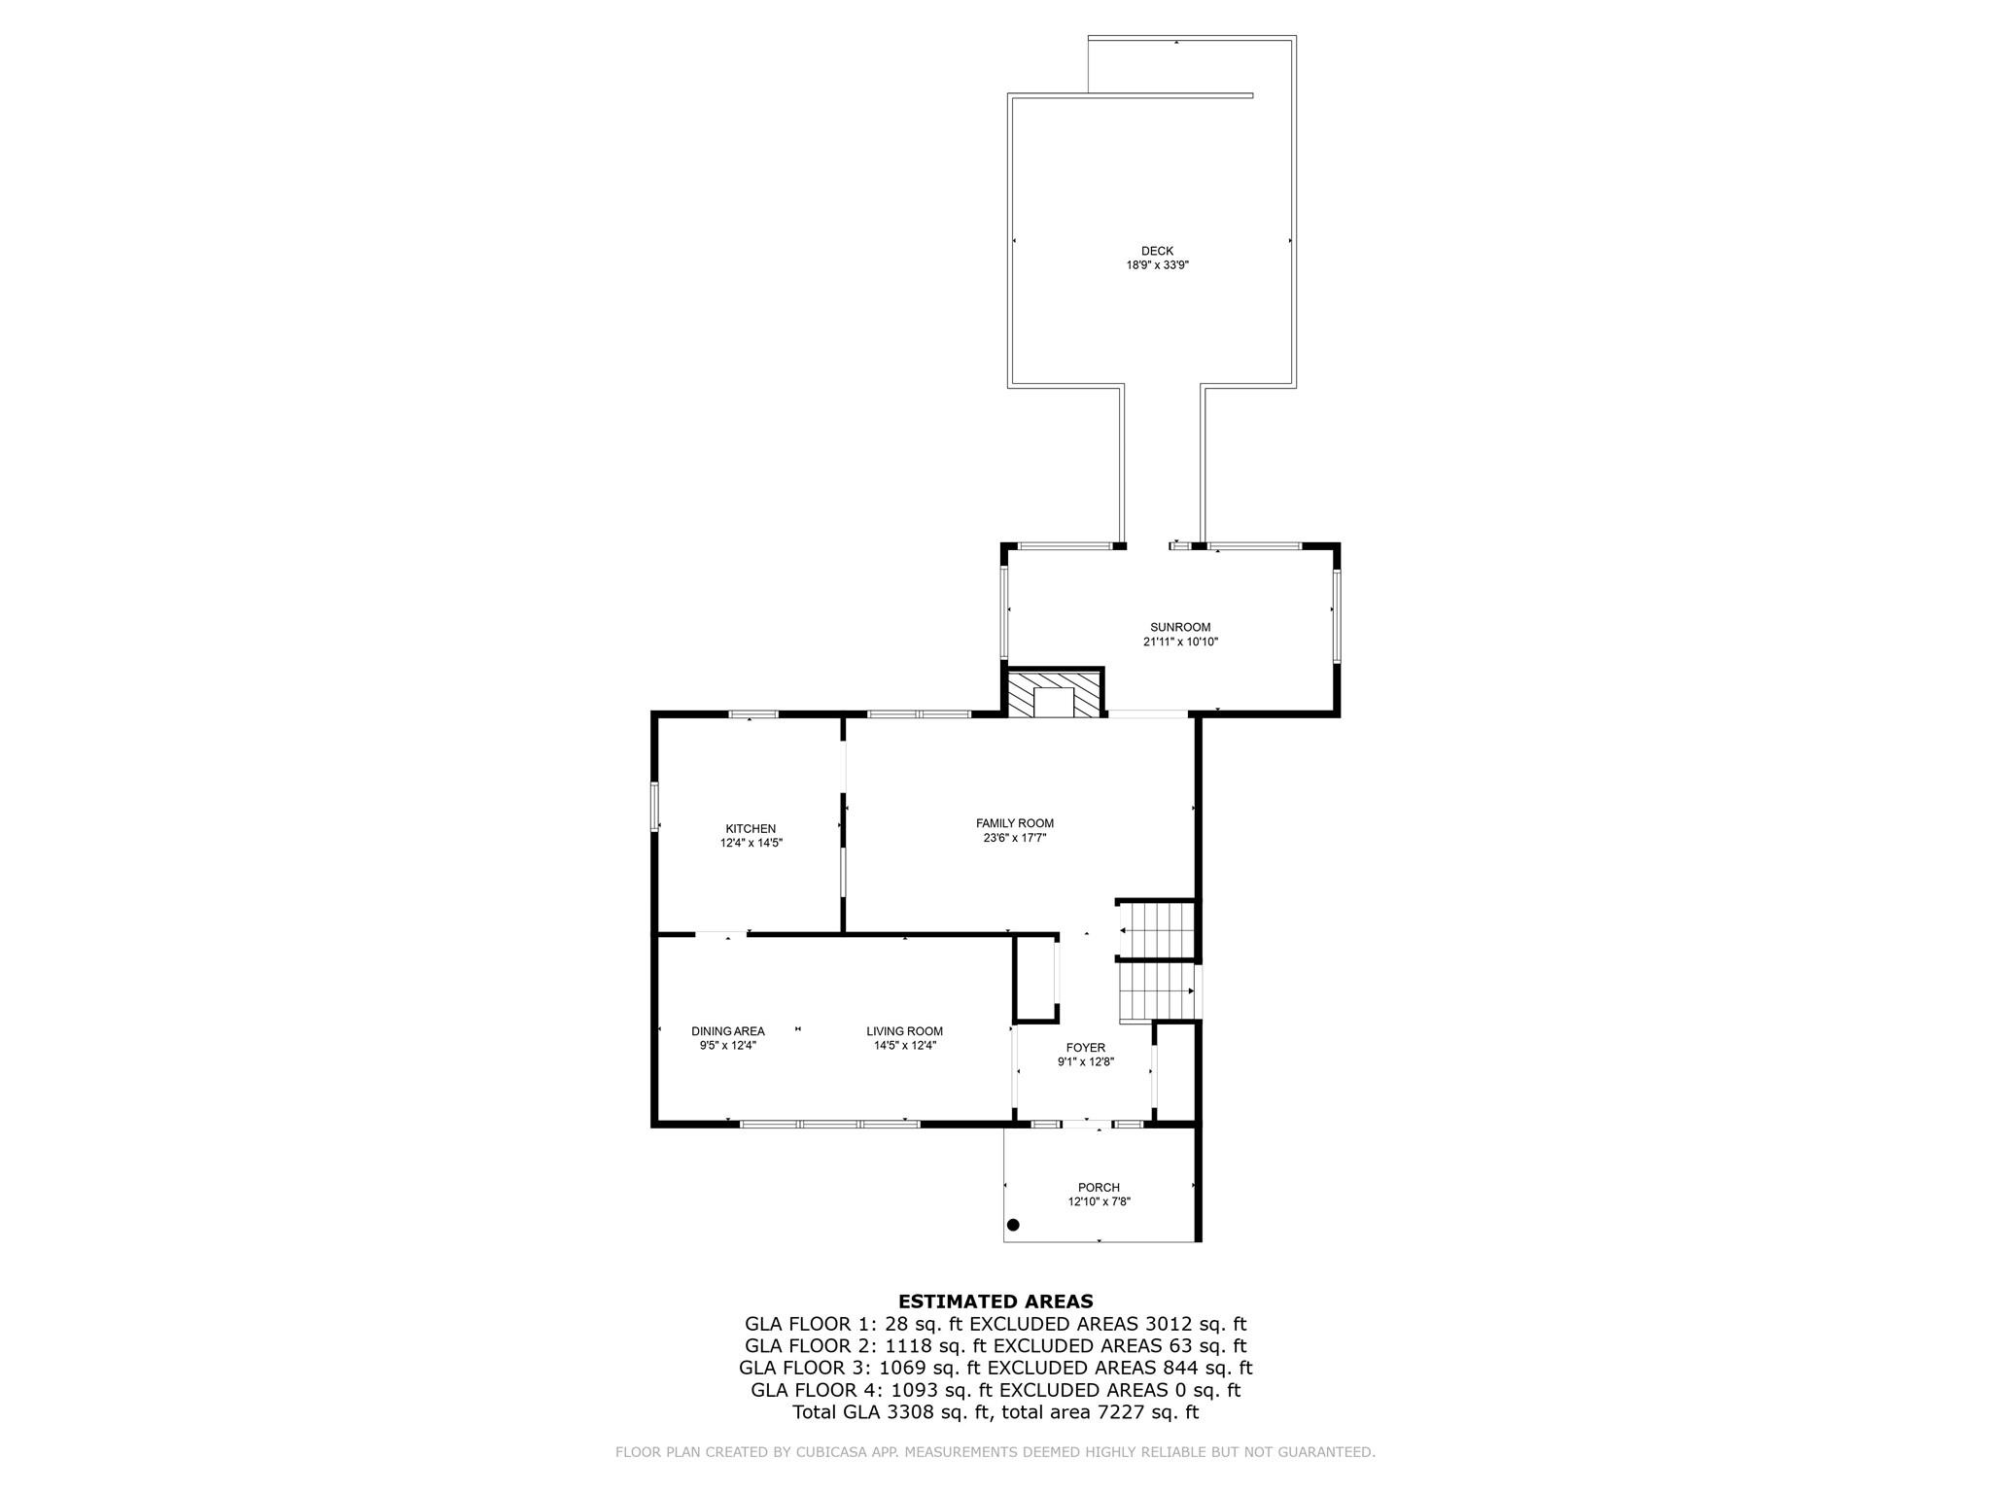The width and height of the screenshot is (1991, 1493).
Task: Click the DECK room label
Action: [1157, 251]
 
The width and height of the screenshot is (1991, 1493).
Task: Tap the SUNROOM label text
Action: [1180, 627]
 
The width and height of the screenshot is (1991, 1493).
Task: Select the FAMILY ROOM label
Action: [1015, 823]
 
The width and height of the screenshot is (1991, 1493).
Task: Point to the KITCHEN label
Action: [751, 829]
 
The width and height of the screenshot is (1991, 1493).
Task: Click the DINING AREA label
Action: [728, 1031]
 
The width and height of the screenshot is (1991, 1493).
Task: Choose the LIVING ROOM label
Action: [904, 1031]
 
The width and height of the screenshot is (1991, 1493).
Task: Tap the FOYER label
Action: [1085, 1048]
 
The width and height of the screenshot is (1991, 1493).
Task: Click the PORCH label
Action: [1099, 1187]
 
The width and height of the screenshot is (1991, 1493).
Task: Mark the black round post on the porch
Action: [1013, 1225]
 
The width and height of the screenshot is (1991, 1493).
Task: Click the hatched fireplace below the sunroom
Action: [1055, 693]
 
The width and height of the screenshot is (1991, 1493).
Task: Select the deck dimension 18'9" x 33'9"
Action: [1157, 264]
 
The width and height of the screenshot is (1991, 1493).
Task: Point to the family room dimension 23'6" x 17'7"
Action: [1015, 837]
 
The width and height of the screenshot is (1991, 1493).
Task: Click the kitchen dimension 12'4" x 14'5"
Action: [751, 844]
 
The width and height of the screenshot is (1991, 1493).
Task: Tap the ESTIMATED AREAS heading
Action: [995, 1302]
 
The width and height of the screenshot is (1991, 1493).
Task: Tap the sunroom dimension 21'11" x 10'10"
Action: [1180, 642]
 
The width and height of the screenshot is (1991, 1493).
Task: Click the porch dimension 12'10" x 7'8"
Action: [1099, 1201]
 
